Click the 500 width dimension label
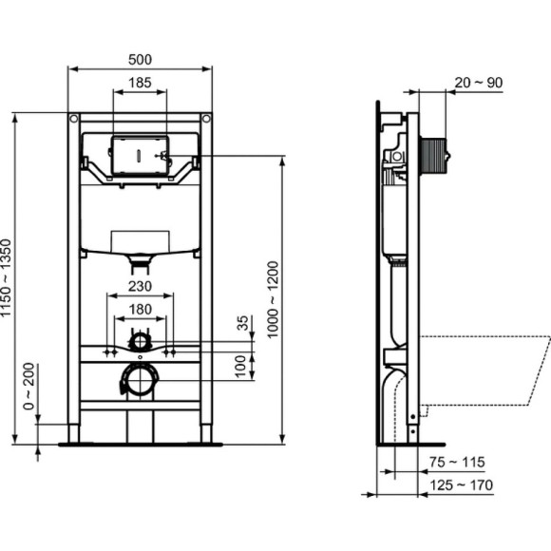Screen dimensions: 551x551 click(x=140, y=59)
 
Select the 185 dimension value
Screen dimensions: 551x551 click(x=140, y=84)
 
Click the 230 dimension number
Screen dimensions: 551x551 click(x=140, y=285)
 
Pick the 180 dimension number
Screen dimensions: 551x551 click(x=140, y=309)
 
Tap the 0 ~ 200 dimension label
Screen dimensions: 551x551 click(x=28, y=381)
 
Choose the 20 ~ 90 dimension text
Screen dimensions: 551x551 click(x=479, y=83)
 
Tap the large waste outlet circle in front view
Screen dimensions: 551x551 click(x=140, y=381)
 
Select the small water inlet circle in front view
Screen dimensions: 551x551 click(x=140, y=340)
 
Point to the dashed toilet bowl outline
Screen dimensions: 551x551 click(x=484, y=370)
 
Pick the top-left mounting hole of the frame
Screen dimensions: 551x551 click(x=74, y=120)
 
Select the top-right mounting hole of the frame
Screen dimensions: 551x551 click(x=205, y=120)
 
